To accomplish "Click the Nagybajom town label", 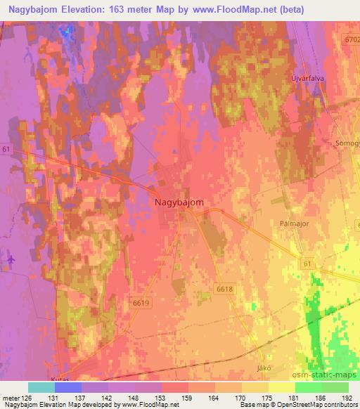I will pos(179,202).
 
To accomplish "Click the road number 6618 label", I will pos(224,289).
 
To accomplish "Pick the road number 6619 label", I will pos(141,303).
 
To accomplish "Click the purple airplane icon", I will pos(9,259).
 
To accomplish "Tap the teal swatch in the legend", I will pos(41,387).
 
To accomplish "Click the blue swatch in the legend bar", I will pos(67,387).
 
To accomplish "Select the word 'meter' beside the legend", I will pos(8,397).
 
